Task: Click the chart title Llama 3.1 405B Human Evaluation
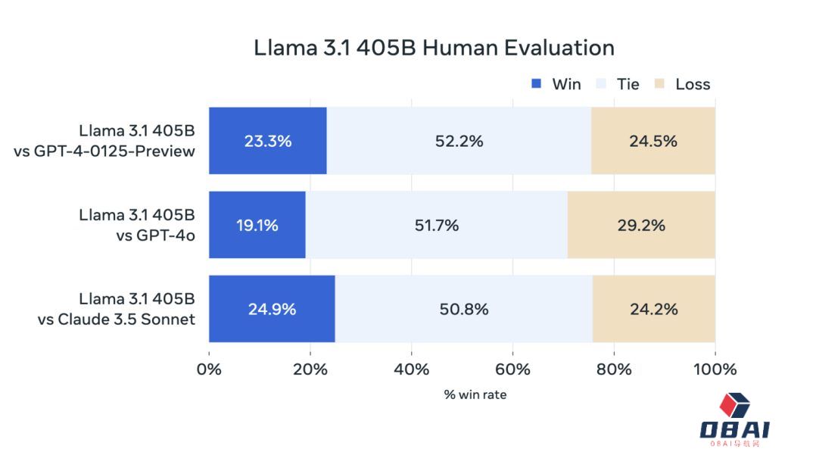[434, 48]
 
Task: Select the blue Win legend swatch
[537, 83]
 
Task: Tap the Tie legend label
[628, 84]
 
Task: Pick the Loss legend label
[693, 84]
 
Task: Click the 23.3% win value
[267, 141]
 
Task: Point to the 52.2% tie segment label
[459, 141]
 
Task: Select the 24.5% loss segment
[652, 141]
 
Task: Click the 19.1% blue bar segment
[257, 225]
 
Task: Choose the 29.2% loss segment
[641, 225]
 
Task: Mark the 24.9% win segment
[272, 309]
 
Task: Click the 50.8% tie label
[463, 309]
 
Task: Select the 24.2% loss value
[653, 309]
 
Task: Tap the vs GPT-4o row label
[155, 235]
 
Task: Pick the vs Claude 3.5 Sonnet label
[116, 319]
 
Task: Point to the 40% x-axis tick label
[411, 369]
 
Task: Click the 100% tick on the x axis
[715, 369]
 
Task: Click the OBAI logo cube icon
[734, 406]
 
